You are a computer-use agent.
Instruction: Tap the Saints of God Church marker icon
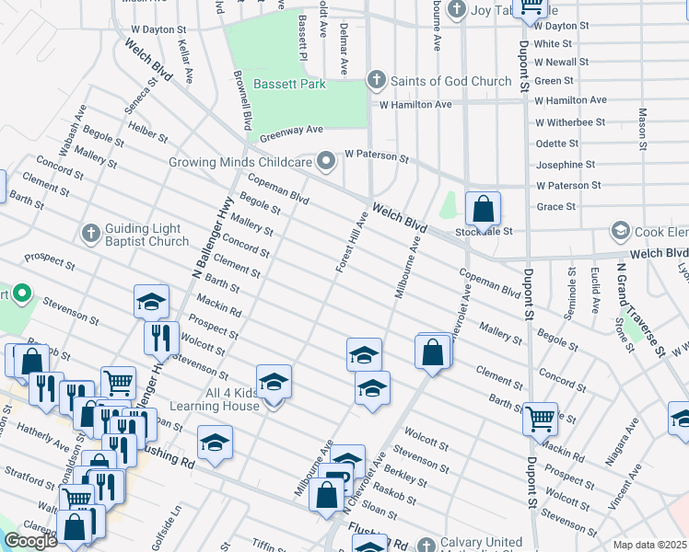pyautogui.click(x=376, y=81)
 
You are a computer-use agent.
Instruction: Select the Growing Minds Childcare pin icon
pyautogui.click(x=326, y=162)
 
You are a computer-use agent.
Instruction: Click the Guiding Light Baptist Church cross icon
pyautogui.click(x=90, y=233)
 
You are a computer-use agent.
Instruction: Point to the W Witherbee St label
pyautogui.click(x=570, y=121)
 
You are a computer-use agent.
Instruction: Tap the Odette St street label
pyautogui.click(x=557, y=144)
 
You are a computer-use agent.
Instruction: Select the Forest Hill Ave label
pyautogui.click(x=352, y=242)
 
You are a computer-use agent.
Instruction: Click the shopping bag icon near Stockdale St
pyautogui.click(x=483, y=210)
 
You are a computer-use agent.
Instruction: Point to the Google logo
pyautogui.click(x=30, y=541)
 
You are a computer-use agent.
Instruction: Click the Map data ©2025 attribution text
pyautogui.click(x=649, y=545)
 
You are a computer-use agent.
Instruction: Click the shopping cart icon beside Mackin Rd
pyautogui.click(x=539, y=420)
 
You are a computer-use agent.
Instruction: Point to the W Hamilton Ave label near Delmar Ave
pyautogui.click(x=416, y=105)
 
